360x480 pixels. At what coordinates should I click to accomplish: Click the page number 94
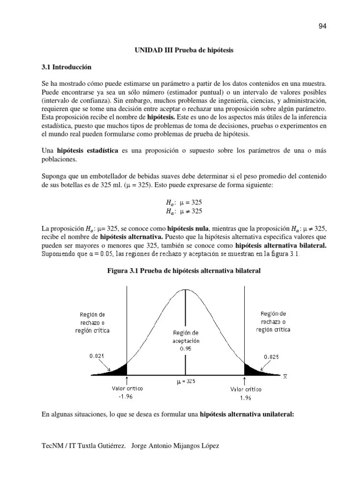click(x=322, y=26)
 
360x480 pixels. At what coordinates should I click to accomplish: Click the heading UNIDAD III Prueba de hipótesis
click(x=184, y=50)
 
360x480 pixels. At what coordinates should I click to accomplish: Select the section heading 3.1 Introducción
click(x=67, y=67)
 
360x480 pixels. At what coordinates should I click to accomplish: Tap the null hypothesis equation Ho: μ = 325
click(x=184, y=202)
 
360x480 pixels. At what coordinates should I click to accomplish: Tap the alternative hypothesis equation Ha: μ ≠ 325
click(x=184, y=211)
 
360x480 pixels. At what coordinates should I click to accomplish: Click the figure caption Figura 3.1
click(x=184, y=271)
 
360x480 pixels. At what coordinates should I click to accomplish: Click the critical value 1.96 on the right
click(x=246, y=398)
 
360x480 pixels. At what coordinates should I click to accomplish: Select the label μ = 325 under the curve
click(x=186, y=382)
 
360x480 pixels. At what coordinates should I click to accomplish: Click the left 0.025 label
click(x=97, y=356)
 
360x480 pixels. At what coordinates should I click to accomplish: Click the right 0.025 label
click(x=271, y=357)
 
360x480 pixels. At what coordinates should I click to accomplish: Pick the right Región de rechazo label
click(x=273, y=322)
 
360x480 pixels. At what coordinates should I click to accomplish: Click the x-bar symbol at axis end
click(x=285, y=376)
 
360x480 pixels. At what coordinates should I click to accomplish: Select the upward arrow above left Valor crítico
click(x=127, y=380)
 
